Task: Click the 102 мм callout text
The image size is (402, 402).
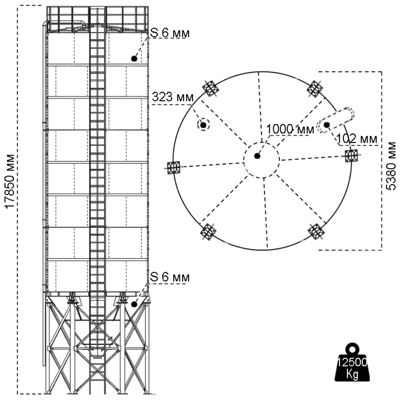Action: [357, 139]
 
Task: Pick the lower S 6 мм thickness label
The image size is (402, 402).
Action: [169, 277]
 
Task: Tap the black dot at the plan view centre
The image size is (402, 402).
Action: [257, 156]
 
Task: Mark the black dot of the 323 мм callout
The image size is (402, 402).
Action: [203, 125]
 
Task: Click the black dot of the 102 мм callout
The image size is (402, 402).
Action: [327, 125]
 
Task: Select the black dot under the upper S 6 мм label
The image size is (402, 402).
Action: [134, 59]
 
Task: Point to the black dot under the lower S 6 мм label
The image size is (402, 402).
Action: [134, 304]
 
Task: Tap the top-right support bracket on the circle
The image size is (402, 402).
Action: [315, 88]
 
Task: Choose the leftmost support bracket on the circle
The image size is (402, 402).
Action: [174, 167]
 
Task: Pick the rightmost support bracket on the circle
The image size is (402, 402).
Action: [352, 155]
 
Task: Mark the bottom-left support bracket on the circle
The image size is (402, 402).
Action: [208, 231]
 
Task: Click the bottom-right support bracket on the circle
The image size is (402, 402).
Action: [316, 231]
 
